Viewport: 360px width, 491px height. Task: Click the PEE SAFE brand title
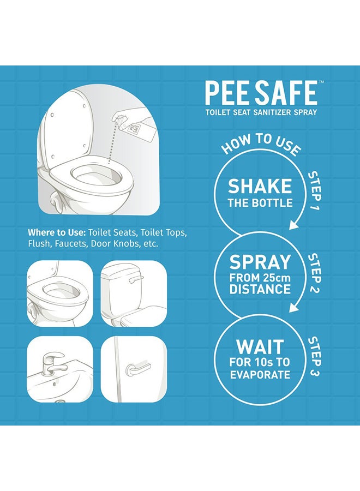[261, 93]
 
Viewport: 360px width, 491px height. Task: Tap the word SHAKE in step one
[260, 187]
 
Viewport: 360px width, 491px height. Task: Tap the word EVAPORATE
[260, 375]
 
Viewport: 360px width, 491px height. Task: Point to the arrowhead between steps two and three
[295, 308]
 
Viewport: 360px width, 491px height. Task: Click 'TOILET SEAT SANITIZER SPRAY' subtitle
[261, 112]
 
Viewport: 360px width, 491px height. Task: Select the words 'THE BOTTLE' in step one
[260, 203]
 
